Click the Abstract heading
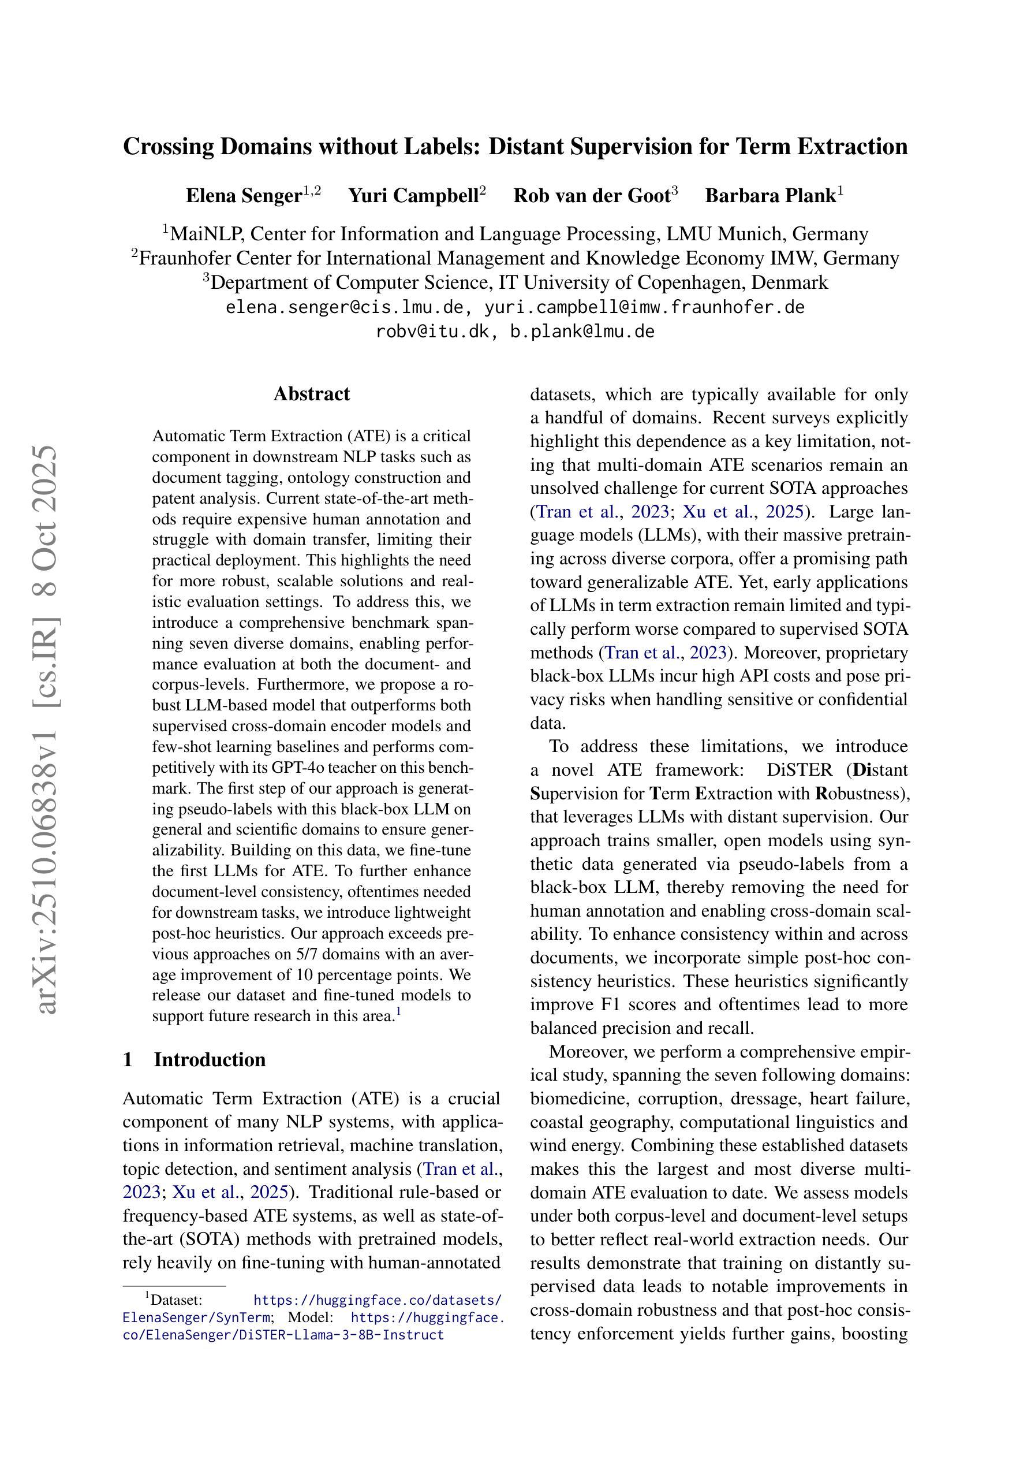(x=311, y=394)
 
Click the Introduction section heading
(x=210, y=1059)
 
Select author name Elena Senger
(x=243, y=196)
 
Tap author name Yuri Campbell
(x=413, y=196)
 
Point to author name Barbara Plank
(x=770, y=196)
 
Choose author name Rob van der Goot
(x=592, y=196)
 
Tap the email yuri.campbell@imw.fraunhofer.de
(x=644, y=307)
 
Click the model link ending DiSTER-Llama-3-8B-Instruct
(x=283, y=1335)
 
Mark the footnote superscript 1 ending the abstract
(x=398, y=1011)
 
